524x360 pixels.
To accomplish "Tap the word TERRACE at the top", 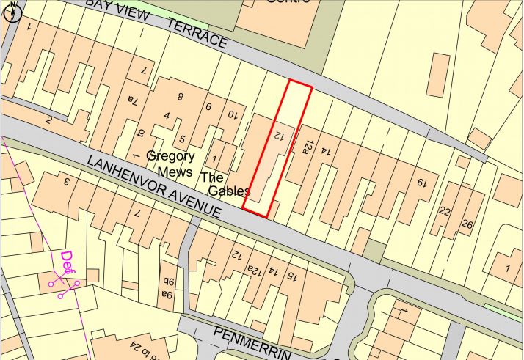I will tap(197, 34).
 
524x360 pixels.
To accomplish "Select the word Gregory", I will tap(170, 156).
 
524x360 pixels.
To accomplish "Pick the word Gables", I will tap(228, 191).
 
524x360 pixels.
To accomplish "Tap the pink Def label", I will tap(68, 260).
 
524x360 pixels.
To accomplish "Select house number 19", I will tap(422, 183).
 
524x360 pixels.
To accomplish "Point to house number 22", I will tap(445, 211).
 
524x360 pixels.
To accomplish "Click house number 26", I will tap(467, 224).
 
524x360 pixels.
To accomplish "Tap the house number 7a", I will tap(132, 99).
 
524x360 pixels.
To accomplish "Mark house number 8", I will tap(180, 96).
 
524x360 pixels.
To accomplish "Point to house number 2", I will tap(48, 120).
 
